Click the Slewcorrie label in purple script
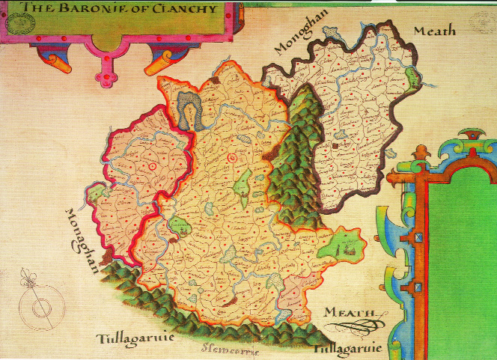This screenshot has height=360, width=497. click(229, 346)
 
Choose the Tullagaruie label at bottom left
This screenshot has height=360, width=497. click(132, 338)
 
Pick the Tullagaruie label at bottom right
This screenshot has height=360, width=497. click(348, 349)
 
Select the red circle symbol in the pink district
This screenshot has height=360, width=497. click(152, 165)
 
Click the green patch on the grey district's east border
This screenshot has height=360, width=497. click(411, 76)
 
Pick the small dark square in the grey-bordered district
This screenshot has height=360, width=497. click(337, 139)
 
